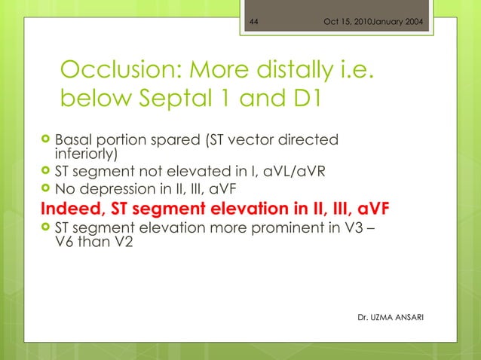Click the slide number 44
coord(254,20)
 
